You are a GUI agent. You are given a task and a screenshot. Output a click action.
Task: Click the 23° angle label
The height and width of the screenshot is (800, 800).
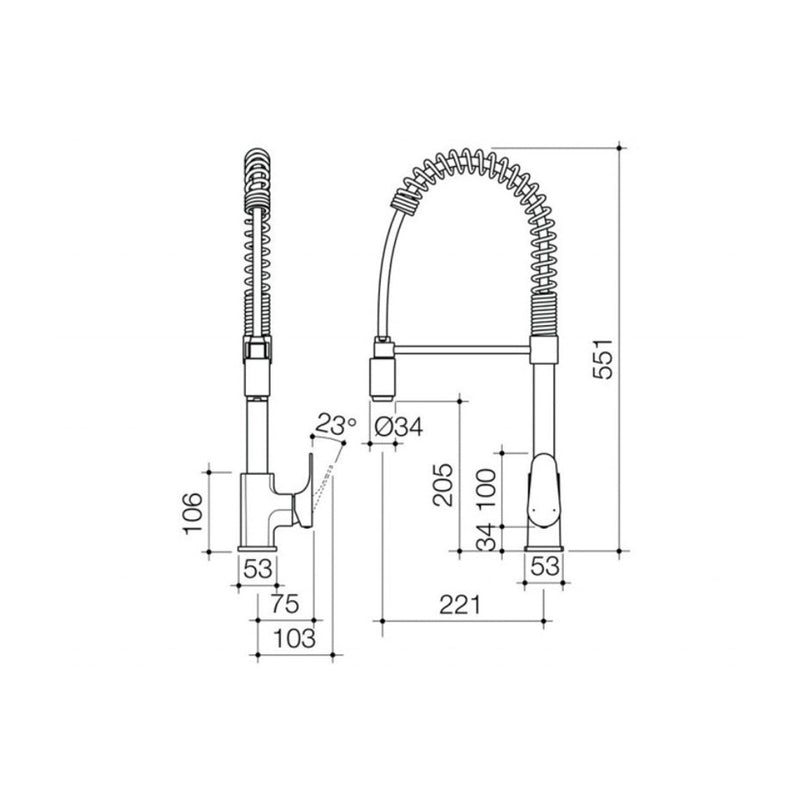pyautogui.click(x=334, y=424)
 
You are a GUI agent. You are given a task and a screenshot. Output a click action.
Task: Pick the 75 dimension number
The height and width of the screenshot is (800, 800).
pyautogui.click(x=287, y=604)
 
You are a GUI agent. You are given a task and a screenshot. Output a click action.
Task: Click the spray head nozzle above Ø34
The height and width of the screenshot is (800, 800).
pyautogui.click(x=383, y=375)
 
